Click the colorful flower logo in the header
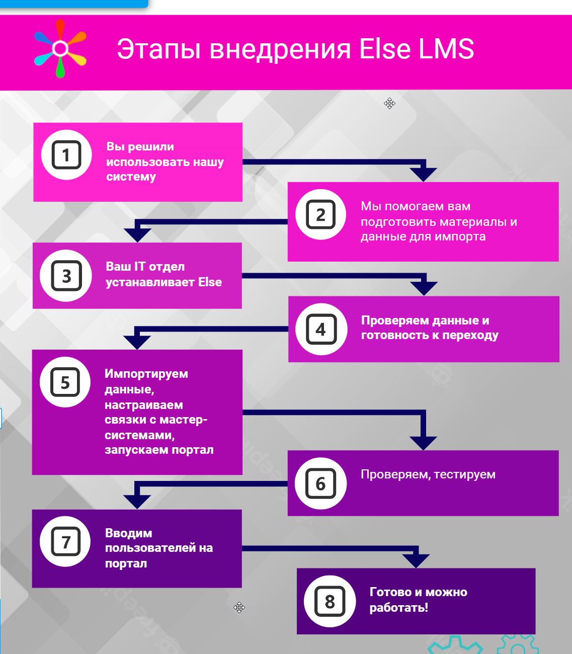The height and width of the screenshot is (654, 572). (x=60, y=49)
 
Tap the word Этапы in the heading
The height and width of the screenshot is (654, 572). (x=159, y=49)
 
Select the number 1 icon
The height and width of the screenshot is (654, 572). (x=66, y=155)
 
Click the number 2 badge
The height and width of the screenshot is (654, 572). (x=320, y=214)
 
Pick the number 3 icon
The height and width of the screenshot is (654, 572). (x=66, y=276)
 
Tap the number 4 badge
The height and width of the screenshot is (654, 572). (x=321, y=329)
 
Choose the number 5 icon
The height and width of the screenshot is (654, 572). (x=65, y=382)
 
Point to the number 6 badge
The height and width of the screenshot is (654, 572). (x=320, y=483)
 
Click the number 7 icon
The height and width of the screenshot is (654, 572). (x=65, y=541)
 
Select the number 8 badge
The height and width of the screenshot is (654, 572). (x=330, y=601)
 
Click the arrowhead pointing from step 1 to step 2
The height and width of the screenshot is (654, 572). (x=424, y=175)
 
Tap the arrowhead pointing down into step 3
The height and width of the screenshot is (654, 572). (x=137, y=235)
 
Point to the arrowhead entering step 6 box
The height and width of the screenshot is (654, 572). (x=424, y=443)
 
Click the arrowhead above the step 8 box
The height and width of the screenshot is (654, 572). (x=416, y=561)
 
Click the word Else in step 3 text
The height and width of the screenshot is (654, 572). (x=210, y=282)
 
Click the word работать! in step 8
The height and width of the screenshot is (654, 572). (x=398, y=607)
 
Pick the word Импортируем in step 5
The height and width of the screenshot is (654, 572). (x=146, y=374)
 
